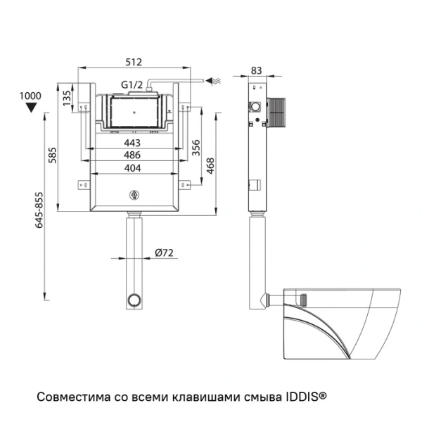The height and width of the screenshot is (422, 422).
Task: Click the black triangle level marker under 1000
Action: coord(30,108)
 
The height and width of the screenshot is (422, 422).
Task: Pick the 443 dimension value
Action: coord(132,143)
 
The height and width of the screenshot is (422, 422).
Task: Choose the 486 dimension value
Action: coord(132,155)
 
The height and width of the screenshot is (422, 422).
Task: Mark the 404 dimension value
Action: coord(132,167)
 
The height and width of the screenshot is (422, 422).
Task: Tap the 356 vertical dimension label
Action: coord(196,148)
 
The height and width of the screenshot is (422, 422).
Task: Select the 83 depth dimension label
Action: coord(257,70)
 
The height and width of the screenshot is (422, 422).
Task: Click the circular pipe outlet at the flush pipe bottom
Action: coord(133,301)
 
